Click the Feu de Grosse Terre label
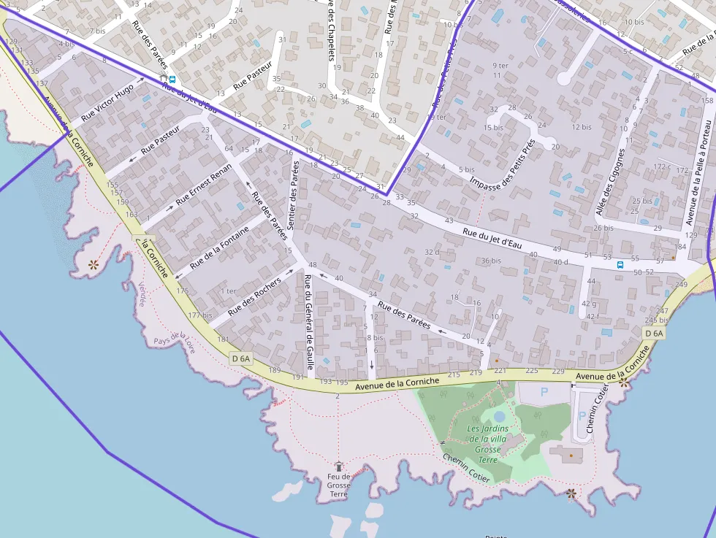point(338,485)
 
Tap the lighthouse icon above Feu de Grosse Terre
point(338,466)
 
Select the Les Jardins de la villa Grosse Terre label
point(487,445)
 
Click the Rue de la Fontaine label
point(219,247)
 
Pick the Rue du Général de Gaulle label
point(309,322)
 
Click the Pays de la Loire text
point(175,341)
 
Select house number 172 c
point(662,167)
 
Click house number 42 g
point(589,304)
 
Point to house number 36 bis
point(491,261)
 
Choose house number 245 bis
point(657,320)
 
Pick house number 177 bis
point(199,315)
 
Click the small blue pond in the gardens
point(499,415)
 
